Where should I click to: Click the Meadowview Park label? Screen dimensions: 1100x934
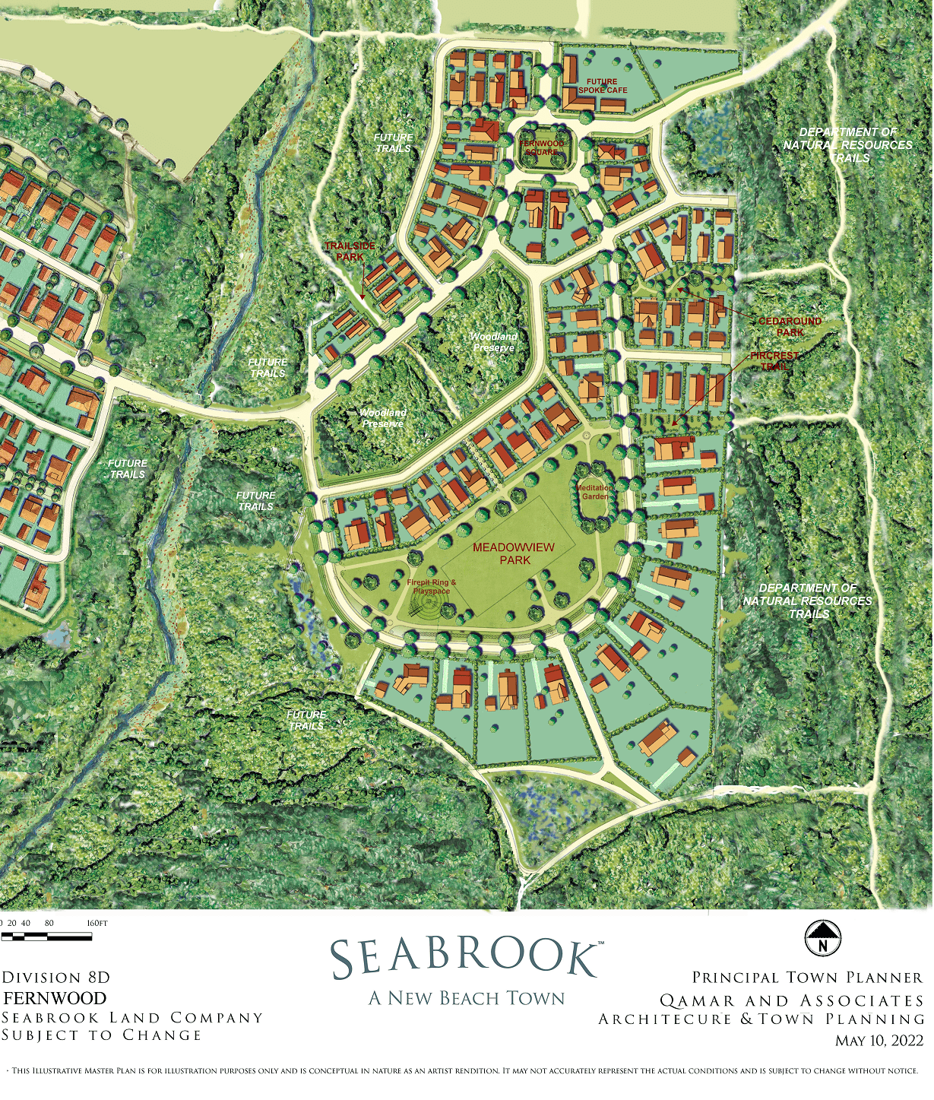pyautogui.click(x=514, y=553)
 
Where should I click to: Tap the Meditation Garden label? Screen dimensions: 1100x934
pyautogui.click(x=594, y=492)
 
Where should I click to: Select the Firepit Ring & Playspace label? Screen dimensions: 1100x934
pyautogui.click(x=431, y=587)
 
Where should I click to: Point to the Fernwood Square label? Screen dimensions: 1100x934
pyautogui.click(x=542, y=147)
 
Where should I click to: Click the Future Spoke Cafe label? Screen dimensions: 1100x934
pyautogui.click(x=603, y=86)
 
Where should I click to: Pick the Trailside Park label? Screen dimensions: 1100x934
pyautogui.click(x=350, y=252)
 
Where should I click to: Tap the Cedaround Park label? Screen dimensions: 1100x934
pyautogui.click(x=790, y=327)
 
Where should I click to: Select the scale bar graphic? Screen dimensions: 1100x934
pyautogui.click(x=47, y=937)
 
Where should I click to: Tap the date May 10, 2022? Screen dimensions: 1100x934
pyautogui.click(x=879, y=1041)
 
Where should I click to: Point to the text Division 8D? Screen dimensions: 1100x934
pyautogui.click(x=56, y=978)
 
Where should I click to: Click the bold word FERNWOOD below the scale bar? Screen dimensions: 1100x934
pyautogui.click(x=55, y=998)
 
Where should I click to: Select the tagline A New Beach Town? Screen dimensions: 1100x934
pyautogui.click(x=467, y=998)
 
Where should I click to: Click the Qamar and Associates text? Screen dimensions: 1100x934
pyautogui.click(x=791, y=1001)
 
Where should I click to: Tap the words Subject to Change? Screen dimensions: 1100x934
pyautogui.click(x=102, y=1035)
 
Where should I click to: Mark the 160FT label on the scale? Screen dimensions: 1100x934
pyautogui.click(x=97, y=924)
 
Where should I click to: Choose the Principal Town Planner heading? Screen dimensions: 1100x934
pyautogui.click(x=807, y=978)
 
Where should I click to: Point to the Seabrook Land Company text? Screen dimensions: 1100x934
pyautogui.click(x=132, y=1018)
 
